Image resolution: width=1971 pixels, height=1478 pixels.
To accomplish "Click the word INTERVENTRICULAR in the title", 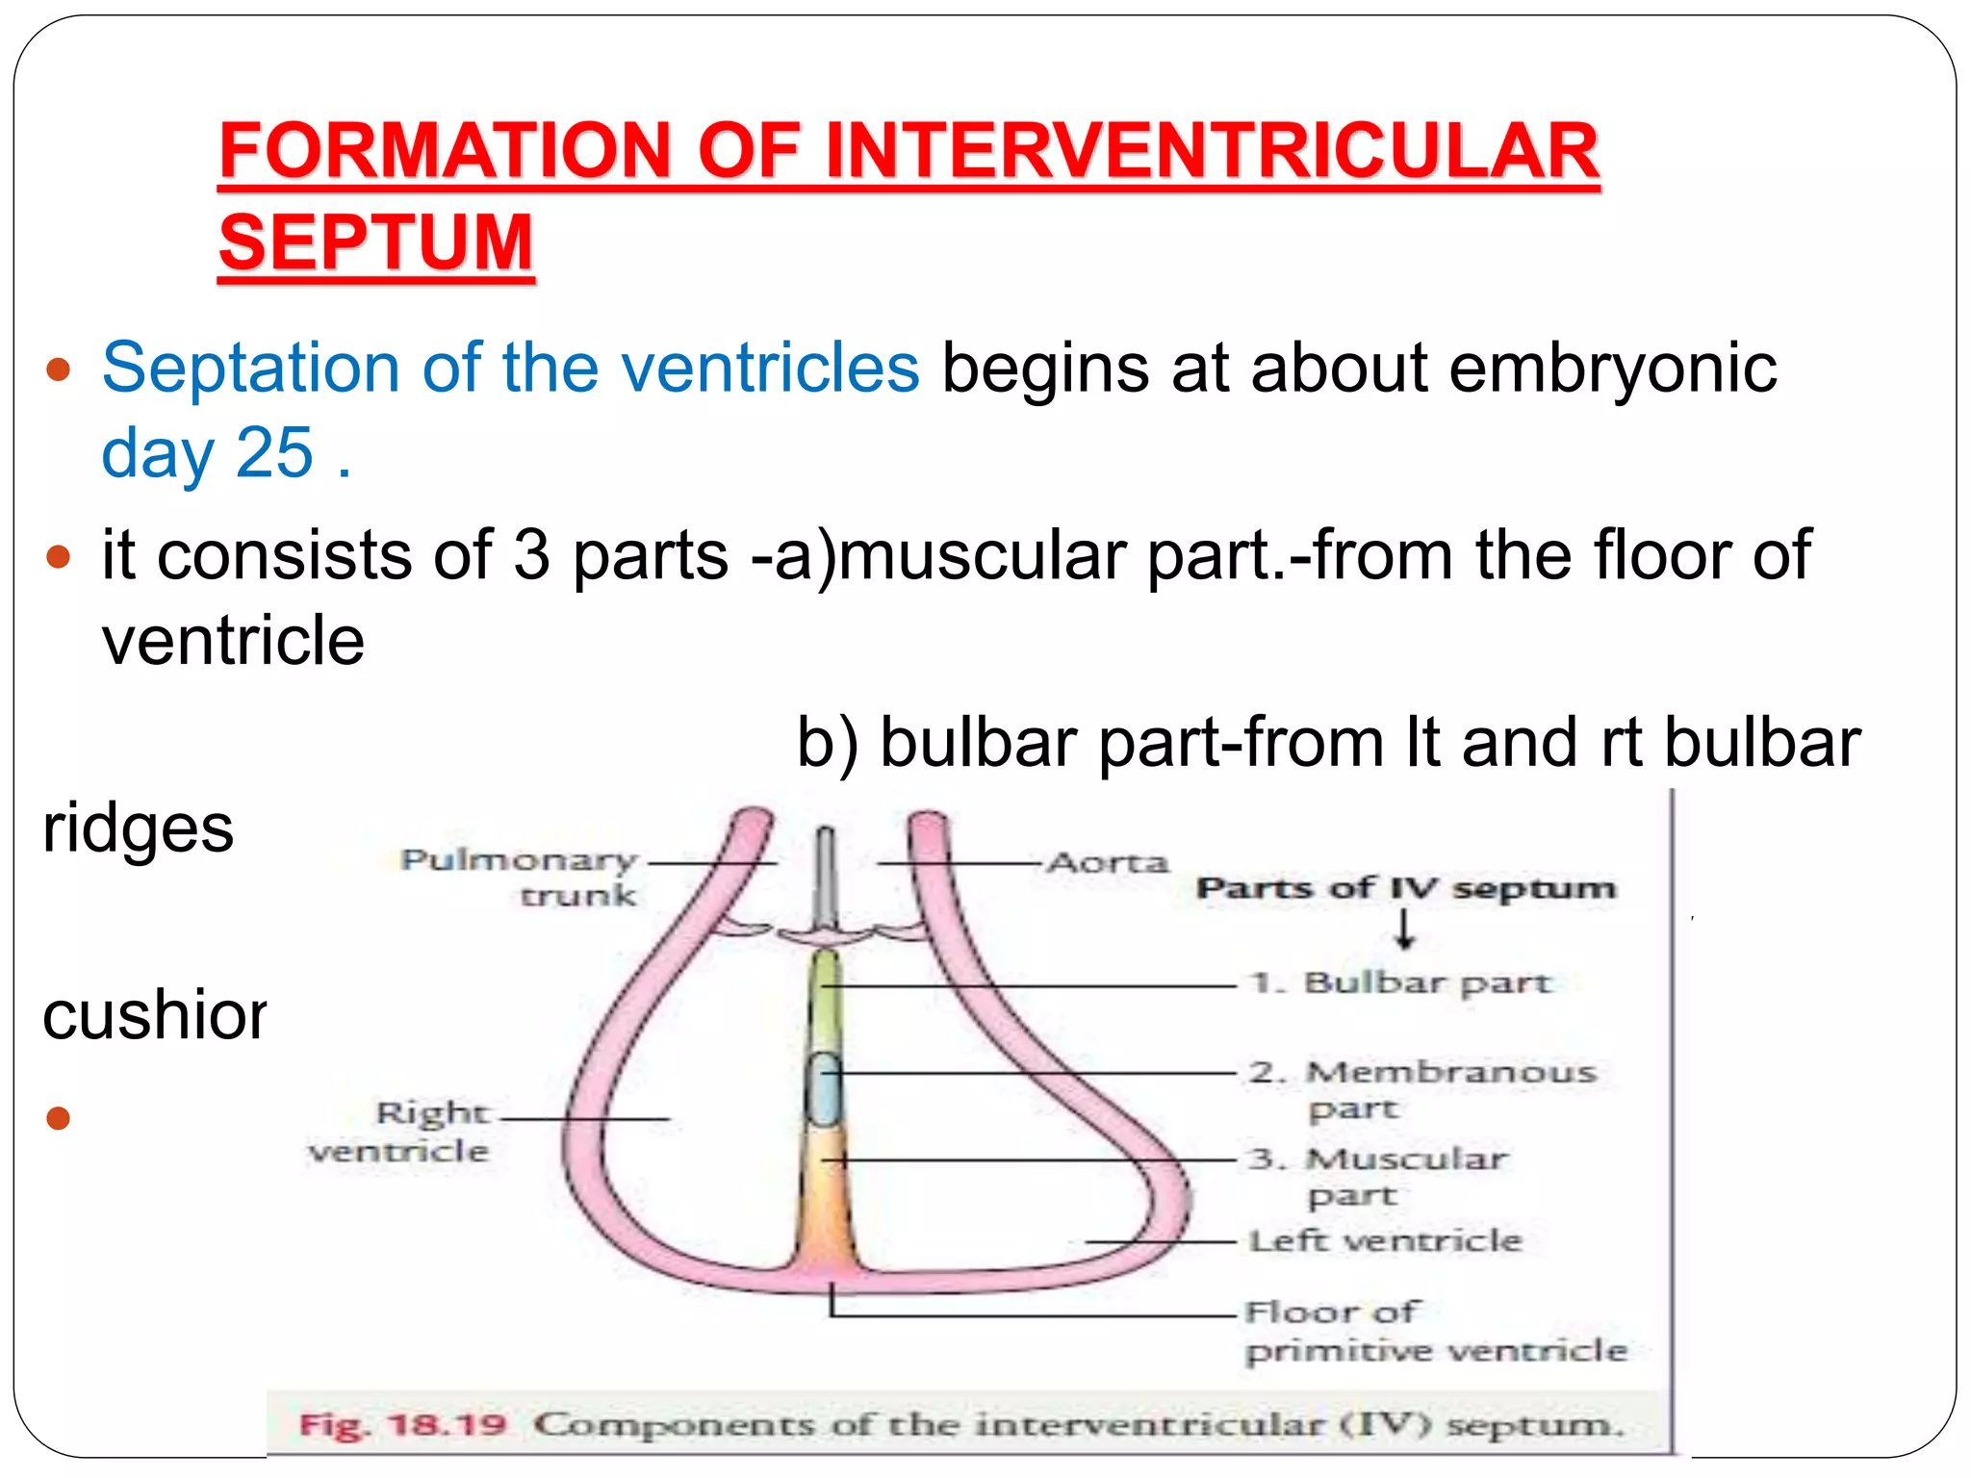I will coord(1212,151).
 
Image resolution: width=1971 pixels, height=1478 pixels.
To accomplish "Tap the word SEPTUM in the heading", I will coord(375,242).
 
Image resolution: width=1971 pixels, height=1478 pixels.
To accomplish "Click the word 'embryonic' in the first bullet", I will coord(1612,368).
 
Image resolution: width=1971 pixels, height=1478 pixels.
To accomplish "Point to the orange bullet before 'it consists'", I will coord(59,556).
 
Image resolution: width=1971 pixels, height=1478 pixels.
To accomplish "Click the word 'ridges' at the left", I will coord(138,828).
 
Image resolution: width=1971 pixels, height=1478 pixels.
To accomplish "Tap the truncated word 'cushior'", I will coord(154,1015).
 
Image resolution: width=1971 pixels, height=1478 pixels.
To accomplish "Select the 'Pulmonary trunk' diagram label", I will coord(520,877).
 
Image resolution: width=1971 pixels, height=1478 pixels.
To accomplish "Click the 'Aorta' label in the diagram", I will coord(1108,862).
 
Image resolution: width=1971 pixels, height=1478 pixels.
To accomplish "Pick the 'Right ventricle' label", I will coord(399,1132).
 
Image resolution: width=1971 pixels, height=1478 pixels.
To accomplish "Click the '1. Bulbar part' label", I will coord(1401,983).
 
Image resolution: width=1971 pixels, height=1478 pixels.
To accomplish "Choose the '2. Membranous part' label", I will coord(1422,1088).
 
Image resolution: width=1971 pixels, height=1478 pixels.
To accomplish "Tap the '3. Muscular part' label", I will coord(1378,1175).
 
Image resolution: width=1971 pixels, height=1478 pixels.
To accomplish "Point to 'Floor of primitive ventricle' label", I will coord(1434,1332).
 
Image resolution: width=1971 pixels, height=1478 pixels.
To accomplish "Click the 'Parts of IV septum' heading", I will coord(1405,887).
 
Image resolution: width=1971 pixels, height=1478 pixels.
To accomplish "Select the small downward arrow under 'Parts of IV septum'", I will coord(1405,929).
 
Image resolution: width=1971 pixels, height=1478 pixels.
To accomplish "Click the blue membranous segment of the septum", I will coord(824,1089).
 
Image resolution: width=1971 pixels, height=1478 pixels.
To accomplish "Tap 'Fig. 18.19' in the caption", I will coord(402,1424).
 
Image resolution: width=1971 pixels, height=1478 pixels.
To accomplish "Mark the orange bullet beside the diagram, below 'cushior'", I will coord(59,1117).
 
